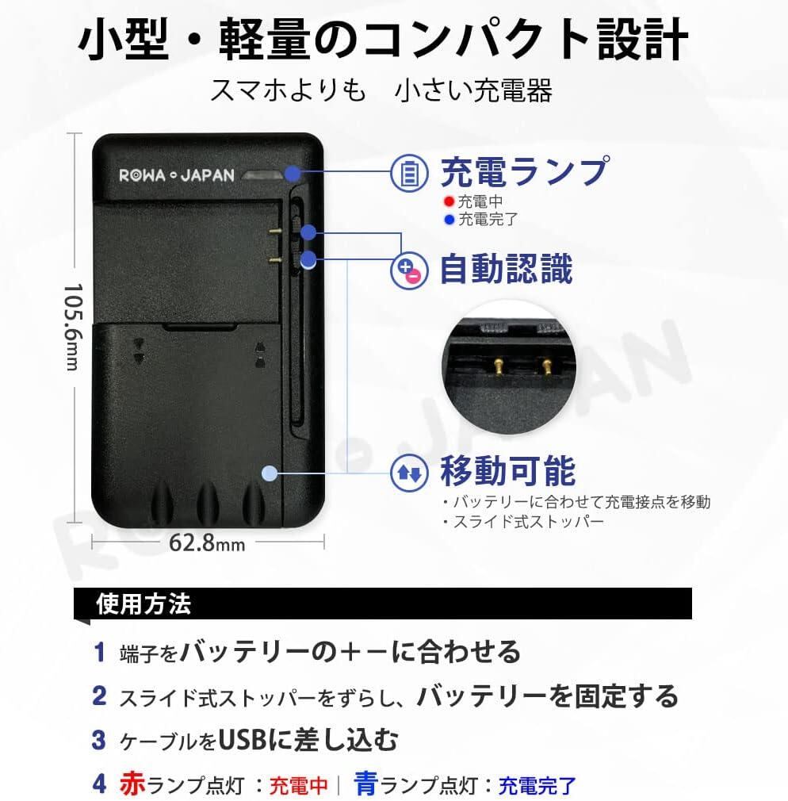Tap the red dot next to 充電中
pos(449,202)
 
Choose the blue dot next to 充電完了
pos(449,219)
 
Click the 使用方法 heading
pos(143,604)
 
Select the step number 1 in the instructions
pos(99,653)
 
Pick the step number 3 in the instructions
pos(99,741)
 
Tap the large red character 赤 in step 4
pos(132,784)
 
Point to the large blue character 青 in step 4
pos(365,784)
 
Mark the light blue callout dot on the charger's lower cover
pos(270,473)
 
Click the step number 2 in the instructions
pos(99,696)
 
